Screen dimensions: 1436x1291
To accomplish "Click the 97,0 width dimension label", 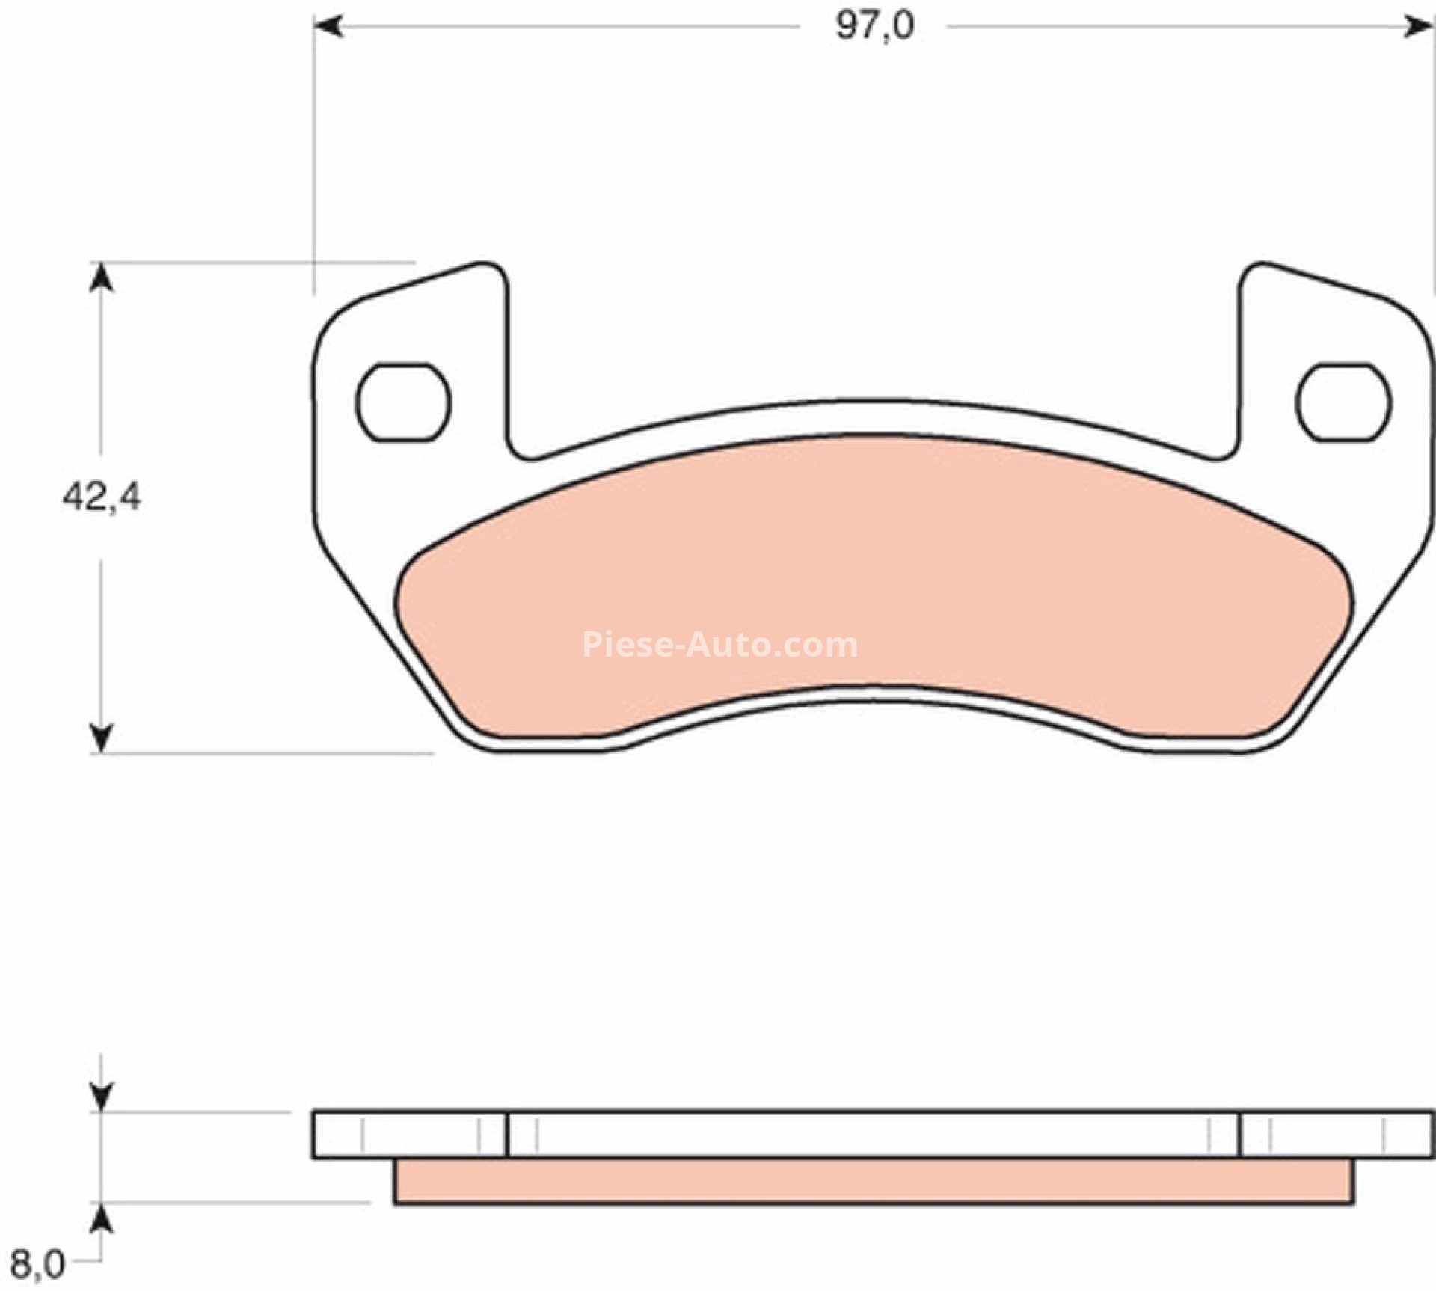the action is point(874,27).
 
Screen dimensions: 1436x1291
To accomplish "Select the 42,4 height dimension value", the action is point(102,496).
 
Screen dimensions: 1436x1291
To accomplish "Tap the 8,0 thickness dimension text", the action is point(37,1265).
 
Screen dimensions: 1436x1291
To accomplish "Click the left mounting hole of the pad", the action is point(403,402).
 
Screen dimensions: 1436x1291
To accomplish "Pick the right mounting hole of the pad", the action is point(1344,402).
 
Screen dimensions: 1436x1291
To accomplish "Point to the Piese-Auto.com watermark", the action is point(719,645).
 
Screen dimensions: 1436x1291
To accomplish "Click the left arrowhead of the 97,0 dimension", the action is point(328,27).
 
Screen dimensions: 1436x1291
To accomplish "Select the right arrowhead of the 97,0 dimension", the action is point(1418,27).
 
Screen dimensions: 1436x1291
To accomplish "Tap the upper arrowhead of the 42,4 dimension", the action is point(102,278).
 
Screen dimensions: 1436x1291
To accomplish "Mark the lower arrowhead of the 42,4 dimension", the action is point(102,738).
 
